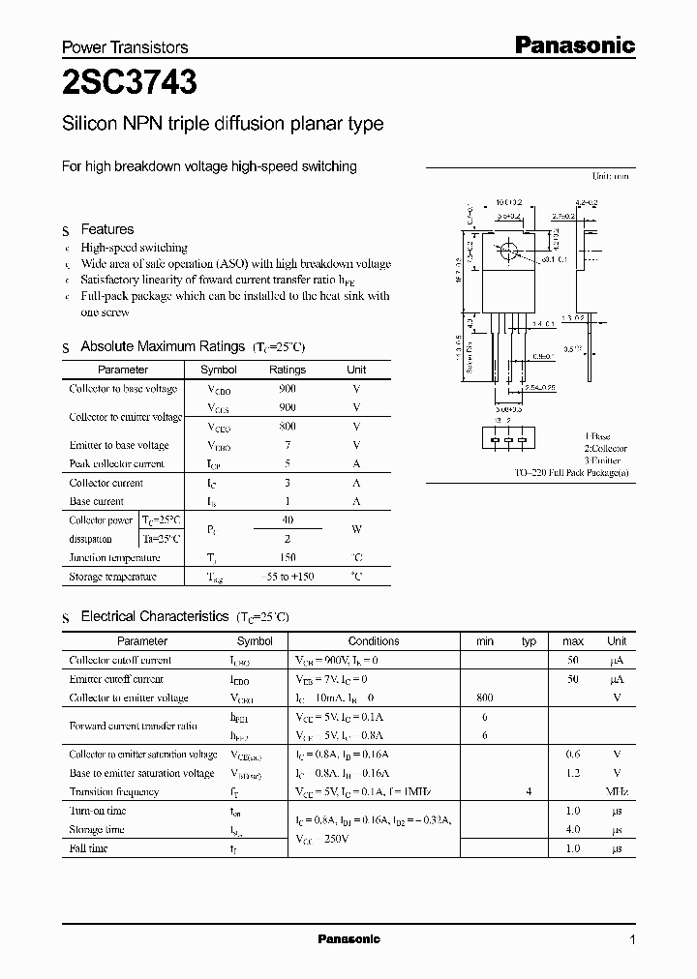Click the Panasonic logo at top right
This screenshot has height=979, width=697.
573,44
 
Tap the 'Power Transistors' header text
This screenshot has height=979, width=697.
125,46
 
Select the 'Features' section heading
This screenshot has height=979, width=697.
106,229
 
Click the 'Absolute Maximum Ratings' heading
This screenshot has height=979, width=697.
162,346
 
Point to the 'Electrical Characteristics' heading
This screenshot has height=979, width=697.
154,616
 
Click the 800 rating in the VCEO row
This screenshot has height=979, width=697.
287,427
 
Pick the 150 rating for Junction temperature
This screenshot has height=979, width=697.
287,557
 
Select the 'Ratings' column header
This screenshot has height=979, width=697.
287,370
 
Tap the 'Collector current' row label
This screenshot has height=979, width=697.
106,483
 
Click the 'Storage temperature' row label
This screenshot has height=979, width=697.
112,577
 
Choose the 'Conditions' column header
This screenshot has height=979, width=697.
374,640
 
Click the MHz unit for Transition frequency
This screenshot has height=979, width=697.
617,791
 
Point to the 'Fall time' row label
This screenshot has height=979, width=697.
88,848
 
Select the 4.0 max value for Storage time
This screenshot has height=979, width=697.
572,829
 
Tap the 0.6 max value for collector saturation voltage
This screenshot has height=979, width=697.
572,754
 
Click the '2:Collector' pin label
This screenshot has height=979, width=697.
605,448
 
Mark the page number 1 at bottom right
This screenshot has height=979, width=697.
633,939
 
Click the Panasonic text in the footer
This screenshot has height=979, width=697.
348,939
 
